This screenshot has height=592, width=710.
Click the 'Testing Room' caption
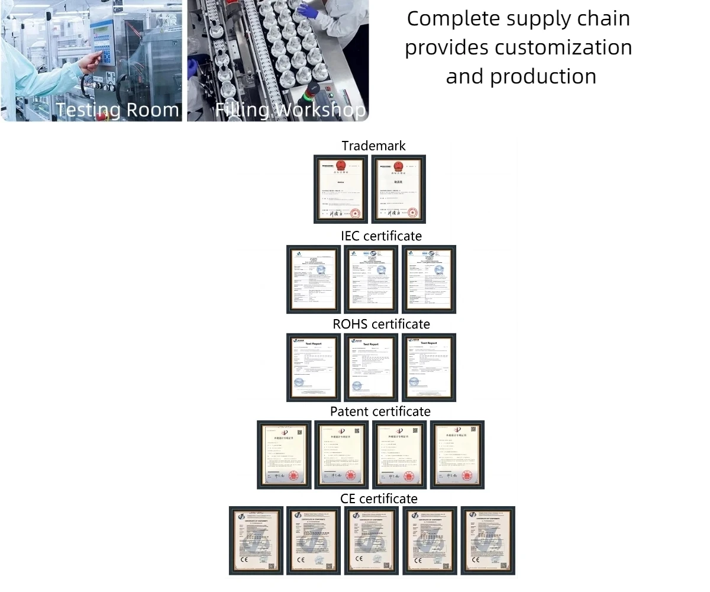coord(118,110)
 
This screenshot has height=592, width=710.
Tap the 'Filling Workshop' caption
coord(290,110)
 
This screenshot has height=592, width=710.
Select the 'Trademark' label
coord(373,146)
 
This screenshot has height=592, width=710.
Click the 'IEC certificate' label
coord(381,236)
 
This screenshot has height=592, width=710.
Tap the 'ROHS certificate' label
coord(381,324)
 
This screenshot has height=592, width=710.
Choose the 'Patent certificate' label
coord(380,411)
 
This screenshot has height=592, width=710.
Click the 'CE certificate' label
coord(379,498)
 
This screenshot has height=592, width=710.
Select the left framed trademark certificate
coord(340,189)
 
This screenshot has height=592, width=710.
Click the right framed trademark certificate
coord(398,189)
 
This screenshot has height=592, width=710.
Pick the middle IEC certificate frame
coord(371,279)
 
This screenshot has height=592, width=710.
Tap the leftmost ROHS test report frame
coord(314,367)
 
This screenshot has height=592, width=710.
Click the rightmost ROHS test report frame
coord(429,367)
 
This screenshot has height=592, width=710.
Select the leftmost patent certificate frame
coord(284,455)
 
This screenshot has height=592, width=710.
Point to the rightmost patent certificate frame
coord(457,455)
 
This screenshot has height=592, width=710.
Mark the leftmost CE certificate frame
coord(256,540)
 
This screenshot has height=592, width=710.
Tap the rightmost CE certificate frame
coord(488,540)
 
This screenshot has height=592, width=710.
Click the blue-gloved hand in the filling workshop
coord(308,10)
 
